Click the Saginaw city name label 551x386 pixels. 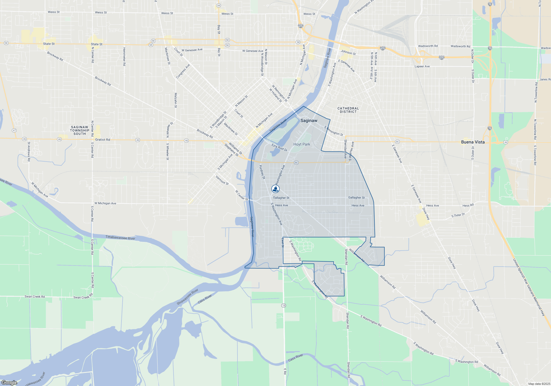(x=309, y=120)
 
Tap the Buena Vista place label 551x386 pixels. (x=473, y=142)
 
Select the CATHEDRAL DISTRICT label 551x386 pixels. (x=348, y=110)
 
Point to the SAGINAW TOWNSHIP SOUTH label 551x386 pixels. (x=80, y=130)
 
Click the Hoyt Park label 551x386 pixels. (x=302, y=144)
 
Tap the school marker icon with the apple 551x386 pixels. (x=275, y=189)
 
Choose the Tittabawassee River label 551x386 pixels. (x=120, y=238)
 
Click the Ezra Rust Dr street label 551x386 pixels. (x=279, y=148)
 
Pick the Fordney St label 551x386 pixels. (x=262, y=172)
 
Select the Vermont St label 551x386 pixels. (x=222, y=180)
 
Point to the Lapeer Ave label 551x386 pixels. (x=422, y=66)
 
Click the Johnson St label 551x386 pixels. (x=348, y=52)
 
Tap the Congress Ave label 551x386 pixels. (x=183, y=71)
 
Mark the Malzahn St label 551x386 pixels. (x=175, y=100)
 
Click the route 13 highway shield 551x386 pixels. (x=283, y=305)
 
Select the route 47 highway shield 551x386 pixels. (x=14, y=130)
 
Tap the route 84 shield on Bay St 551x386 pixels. (x=218, y=6)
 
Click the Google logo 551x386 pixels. (x=9, y=383)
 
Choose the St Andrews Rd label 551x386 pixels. (x=29, y=151)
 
